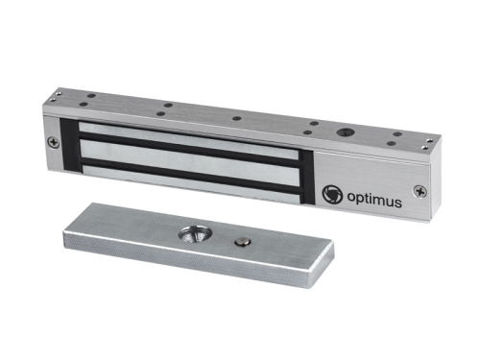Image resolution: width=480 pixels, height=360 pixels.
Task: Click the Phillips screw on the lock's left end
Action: click(54, 143)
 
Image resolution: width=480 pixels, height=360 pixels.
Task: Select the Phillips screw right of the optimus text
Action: click(420, 191)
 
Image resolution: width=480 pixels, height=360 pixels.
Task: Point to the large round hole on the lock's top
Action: click(344, 132)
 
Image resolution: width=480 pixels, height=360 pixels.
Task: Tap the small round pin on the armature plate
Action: click(241, 242)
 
